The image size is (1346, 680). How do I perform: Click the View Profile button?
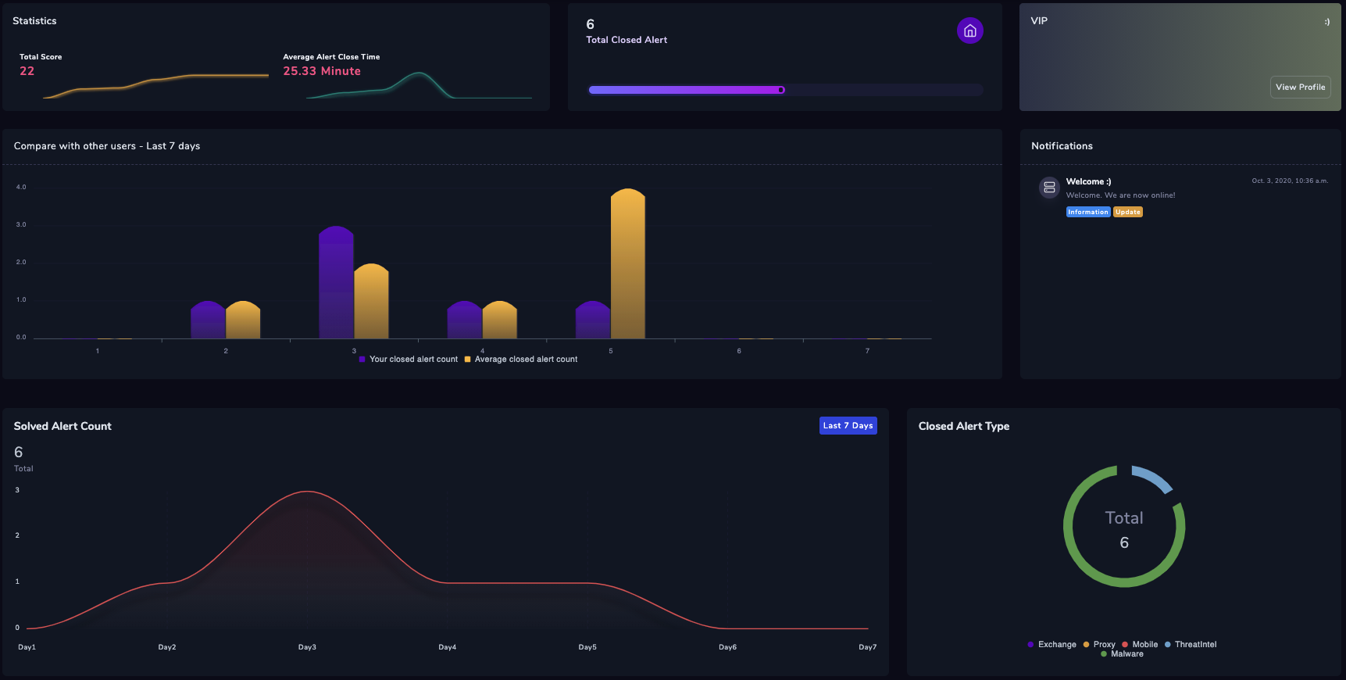(x=1300, y=88)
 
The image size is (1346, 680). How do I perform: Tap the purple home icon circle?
(x=969, y=30)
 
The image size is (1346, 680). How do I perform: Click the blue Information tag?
(x=1087, y=212)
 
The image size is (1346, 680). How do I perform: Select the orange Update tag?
(x=1127, y=212)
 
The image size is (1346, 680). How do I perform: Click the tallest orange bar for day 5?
(x=627, y=266)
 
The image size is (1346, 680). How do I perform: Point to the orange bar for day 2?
(x=243, y=320)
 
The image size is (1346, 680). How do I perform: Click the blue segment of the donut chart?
(x=1154, y=478)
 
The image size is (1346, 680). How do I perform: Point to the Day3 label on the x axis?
(x=307, y=647)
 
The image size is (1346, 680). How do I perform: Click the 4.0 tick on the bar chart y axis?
(x=21, y=188)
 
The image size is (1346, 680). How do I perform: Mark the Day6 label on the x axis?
(x=727, y=647)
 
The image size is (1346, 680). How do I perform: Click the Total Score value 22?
(x=27, y=71)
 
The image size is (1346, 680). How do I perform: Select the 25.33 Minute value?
(x=322, y=71)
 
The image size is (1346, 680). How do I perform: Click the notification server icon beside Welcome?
(x=1049, y=188)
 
